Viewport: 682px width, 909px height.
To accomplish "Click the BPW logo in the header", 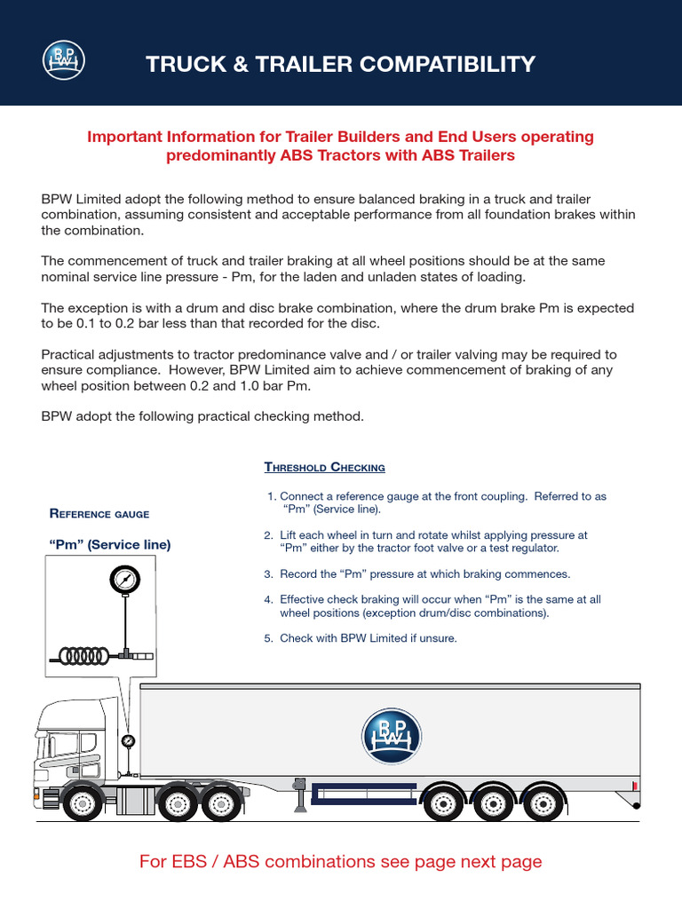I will pyautogui.click(x=65, y=59).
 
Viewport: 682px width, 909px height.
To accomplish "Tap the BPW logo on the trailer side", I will pyautogui.click(x=391, y=736).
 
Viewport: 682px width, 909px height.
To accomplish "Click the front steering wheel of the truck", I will pyautogui.click(x=83, y=804).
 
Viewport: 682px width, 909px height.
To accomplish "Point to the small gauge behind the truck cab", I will pyautogui.click(x=129, y=740).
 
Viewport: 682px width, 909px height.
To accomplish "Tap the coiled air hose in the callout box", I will pyautogui.click(x=84, y=655).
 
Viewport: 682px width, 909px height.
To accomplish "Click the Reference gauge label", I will pyautogui.click(x=99, y=514).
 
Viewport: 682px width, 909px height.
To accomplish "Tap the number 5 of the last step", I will pyautogui.click(x=267, y=638).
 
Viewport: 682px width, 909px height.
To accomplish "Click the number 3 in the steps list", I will pyautogui.click(x=267, y=574).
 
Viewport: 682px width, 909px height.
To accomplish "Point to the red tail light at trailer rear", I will pyautogui.click(x=636, y=786).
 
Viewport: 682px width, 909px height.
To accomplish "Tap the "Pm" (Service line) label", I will pyautogui.click(x=109, y=544).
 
